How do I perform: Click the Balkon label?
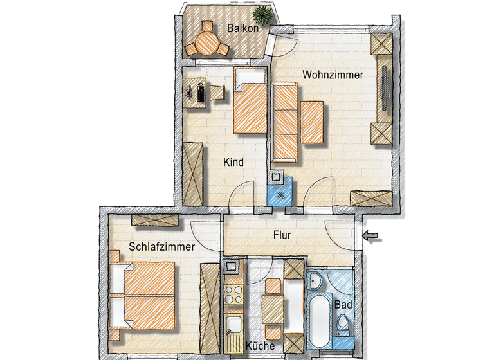pos(243,28)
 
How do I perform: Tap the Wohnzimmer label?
pos(333,75)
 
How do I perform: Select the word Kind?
pos(233,162)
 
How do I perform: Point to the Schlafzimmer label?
pos(161,246)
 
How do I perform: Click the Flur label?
pos(282,235)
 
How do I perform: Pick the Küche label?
pos(260,346)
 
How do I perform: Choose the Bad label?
pos(342,304)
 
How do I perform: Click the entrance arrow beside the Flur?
pos(372,237)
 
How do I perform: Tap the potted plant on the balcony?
pos(262,14)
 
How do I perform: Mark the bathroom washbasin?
pos(315,280)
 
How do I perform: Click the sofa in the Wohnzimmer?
pos(285,122)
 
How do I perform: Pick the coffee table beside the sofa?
pos(312,122)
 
